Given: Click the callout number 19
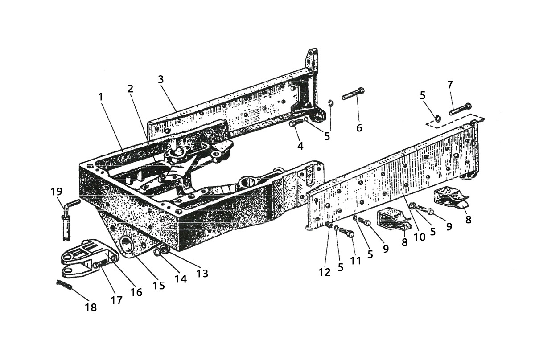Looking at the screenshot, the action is pyautogui.click(x=56, y=192).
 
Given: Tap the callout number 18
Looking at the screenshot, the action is pyautogui.click(x=91, y=307).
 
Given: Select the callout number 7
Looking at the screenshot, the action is pyautogui.click(x=450, y=85).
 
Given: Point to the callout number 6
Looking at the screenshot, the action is pyautogui.click(x=359, y=128).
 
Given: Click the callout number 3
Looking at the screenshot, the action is pyautogui.click(x=161, y=79).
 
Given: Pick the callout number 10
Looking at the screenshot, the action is pyautogui.click(x=420, y=237).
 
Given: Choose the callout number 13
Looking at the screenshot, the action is pyautogui.click(x=202, y=274).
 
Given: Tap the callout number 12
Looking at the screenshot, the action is pyautogui.click(x=325, y=272).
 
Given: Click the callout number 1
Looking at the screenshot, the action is pyautogui.click(x=101, y=97).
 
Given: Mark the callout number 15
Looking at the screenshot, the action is pyautogui.click(x=159, y=285).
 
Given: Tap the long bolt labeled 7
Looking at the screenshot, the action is pyautogui.click(x=460, y=109).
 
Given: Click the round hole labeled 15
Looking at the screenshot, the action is pyautogui.click(x=128, y=245).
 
